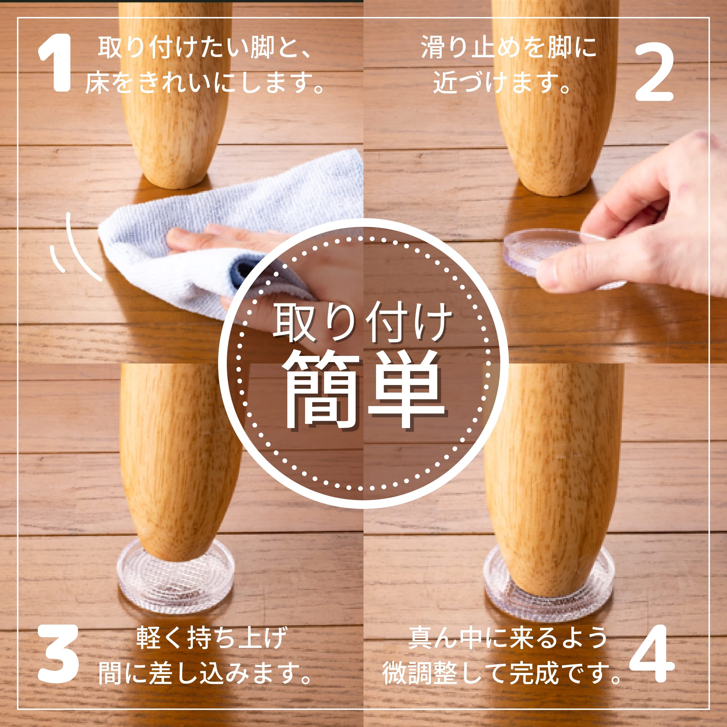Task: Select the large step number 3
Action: click(x=58, y=654)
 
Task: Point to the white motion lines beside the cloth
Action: click(x=75, y=248)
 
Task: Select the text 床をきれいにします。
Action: click(x=205, y=82)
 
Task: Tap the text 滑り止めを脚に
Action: click(x=508, y=48)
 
